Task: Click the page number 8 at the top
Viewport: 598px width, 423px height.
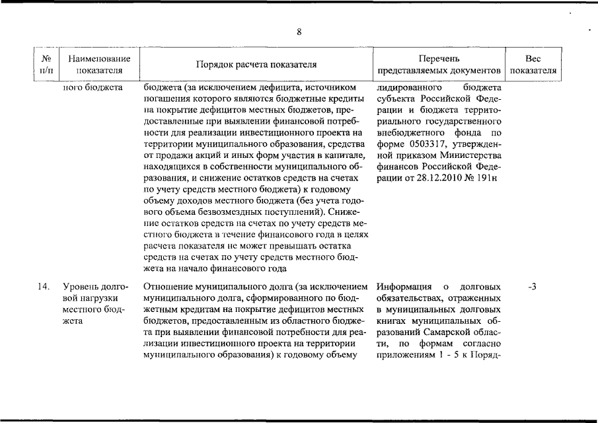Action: pos(299,32)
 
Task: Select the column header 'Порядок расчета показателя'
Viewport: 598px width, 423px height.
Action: pos(256,65)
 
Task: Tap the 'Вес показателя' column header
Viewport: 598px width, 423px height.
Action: pos(533,65)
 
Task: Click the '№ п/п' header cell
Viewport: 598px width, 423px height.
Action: pos(47,65)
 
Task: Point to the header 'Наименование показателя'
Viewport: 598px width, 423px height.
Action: pos(98,65)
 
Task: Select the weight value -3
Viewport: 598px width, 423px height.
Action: pos(532,287)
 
